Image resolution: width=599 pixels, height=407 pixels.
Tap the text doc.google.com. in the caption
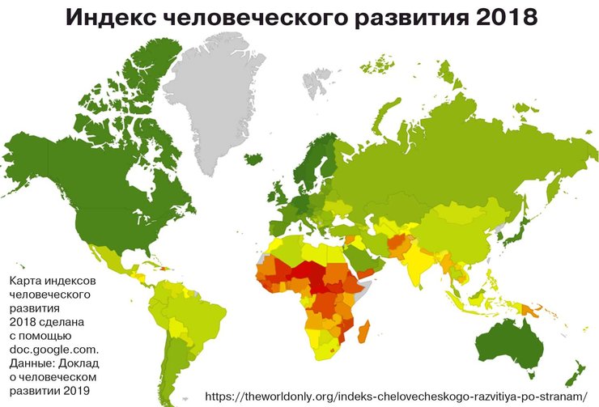(53, 350)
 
